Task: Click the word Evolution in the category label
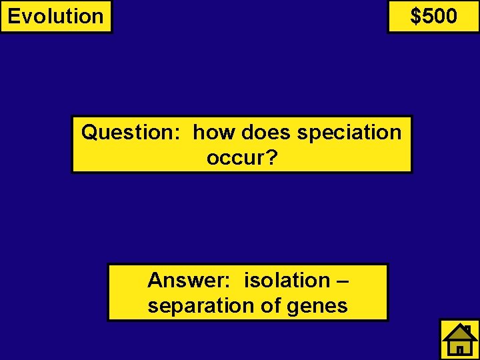55,16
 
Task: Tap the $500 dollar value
433,15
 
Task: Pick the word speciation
349,133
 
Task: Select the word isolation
286,280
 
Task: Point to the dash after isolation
341,281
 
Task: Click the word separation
199,305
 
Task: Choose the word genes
318,307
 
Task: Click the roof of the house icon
459,331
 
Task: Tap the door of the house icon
460,349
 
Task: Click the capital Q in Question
89,133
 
